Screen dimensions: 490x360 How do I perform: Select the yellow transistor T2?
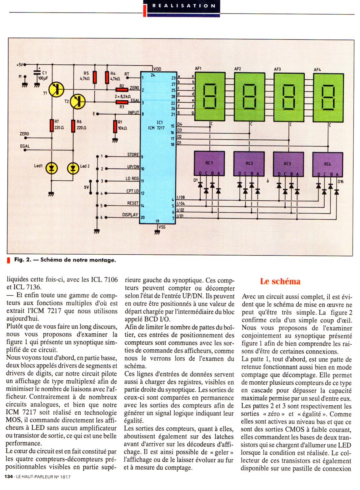(78, 101)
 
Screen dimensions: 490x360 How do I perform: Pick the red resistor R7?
(52, 125)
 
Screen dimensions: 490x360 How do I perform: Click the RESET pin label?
(133, 203)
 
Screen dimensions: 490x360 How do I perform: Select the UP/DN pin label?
(133, 167)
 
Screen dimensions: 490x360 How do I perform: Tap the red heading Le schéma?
(280, 281)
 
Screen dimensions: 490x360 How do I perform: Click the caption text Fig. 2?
(22, 260)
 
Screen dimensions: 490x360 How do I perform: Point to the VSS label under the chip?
(162, 227)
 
